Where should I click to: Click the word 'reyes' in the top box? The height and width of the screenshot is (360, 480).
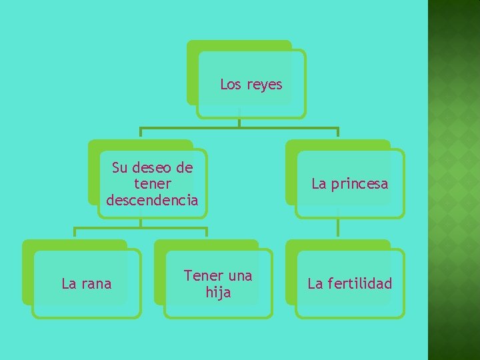click(265, 85)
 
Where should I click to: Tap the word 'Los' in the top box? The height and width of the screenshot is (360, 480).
click(231, 85)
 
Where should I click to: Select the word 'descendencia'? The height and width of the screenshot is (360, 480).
click(152, 200)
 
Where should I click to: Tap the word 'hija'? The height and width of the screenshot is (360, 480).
click(218, 292)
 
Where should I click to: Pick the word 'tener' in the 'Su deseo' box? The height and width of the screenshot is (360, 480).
click(153, 183)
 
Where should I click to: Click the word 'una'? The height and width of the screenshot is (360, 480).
click(240, 275)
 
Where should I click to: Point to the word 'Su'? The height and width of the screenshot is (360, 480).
click(121, 167)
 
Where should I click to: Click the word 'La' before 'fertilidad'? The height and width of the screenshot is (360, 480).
click(315, 284)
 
